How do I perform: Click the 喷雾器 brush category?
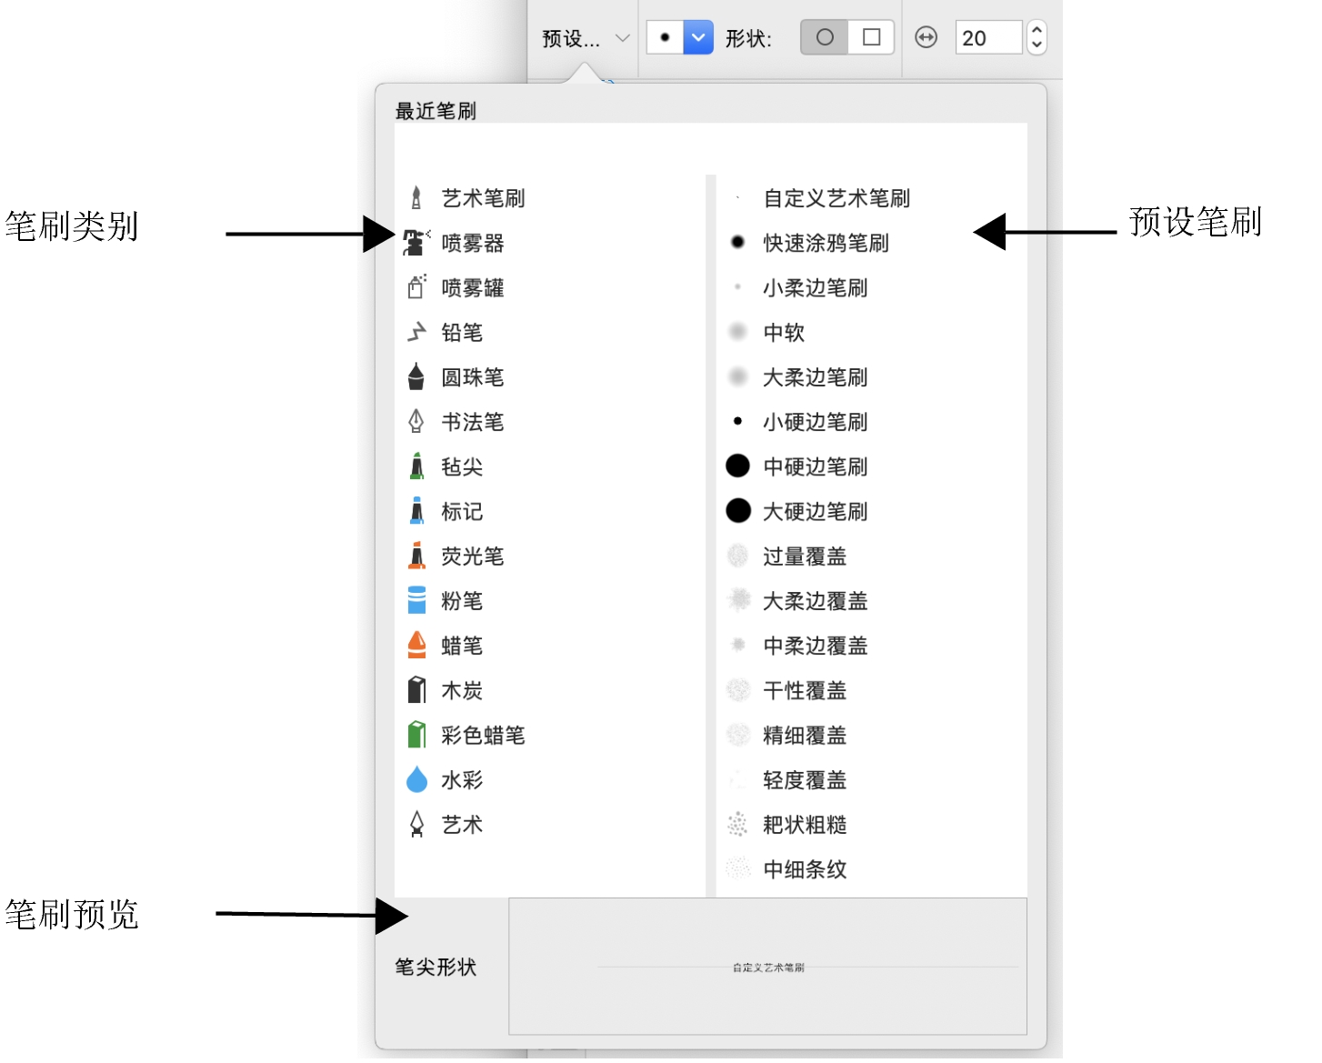472,243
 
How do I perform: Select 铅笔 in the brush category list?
462,333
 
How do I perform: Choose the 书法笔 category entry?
472,422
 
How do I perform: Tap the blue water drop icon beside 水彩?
416,779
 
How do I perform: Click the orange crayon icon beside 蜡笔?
416,645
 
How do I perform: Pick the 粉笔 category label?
462,601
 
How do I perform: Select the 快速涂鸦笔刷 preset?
826,243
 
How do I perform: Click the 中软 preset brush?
784,333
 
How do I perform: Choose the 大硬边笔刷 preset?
815,511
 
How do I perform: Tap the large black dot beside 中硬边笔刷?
738,466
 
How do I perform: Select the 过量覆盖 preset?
805,557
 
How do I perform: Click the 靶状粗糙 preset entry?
805,825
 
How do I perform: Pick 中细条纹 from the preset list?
805,869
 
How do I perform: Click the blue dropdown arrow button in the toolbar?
697,37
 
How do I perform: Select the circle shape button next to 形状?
825,37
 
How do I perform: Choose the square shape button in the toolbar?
871,37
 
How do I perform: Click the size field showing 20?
987,38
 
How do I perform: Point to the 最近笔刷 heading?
436,111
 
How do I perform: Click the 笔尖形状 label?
436,967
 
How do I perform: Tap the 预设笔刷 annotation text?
1195,222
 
